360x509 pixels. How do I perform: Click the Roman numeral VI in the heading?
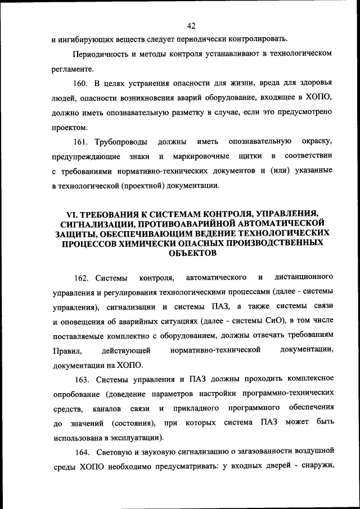click(71, 214)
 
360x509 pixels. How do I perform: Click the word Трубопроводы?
click(123, 141)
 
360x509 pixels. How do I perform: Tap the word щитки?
click(249, 155)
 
